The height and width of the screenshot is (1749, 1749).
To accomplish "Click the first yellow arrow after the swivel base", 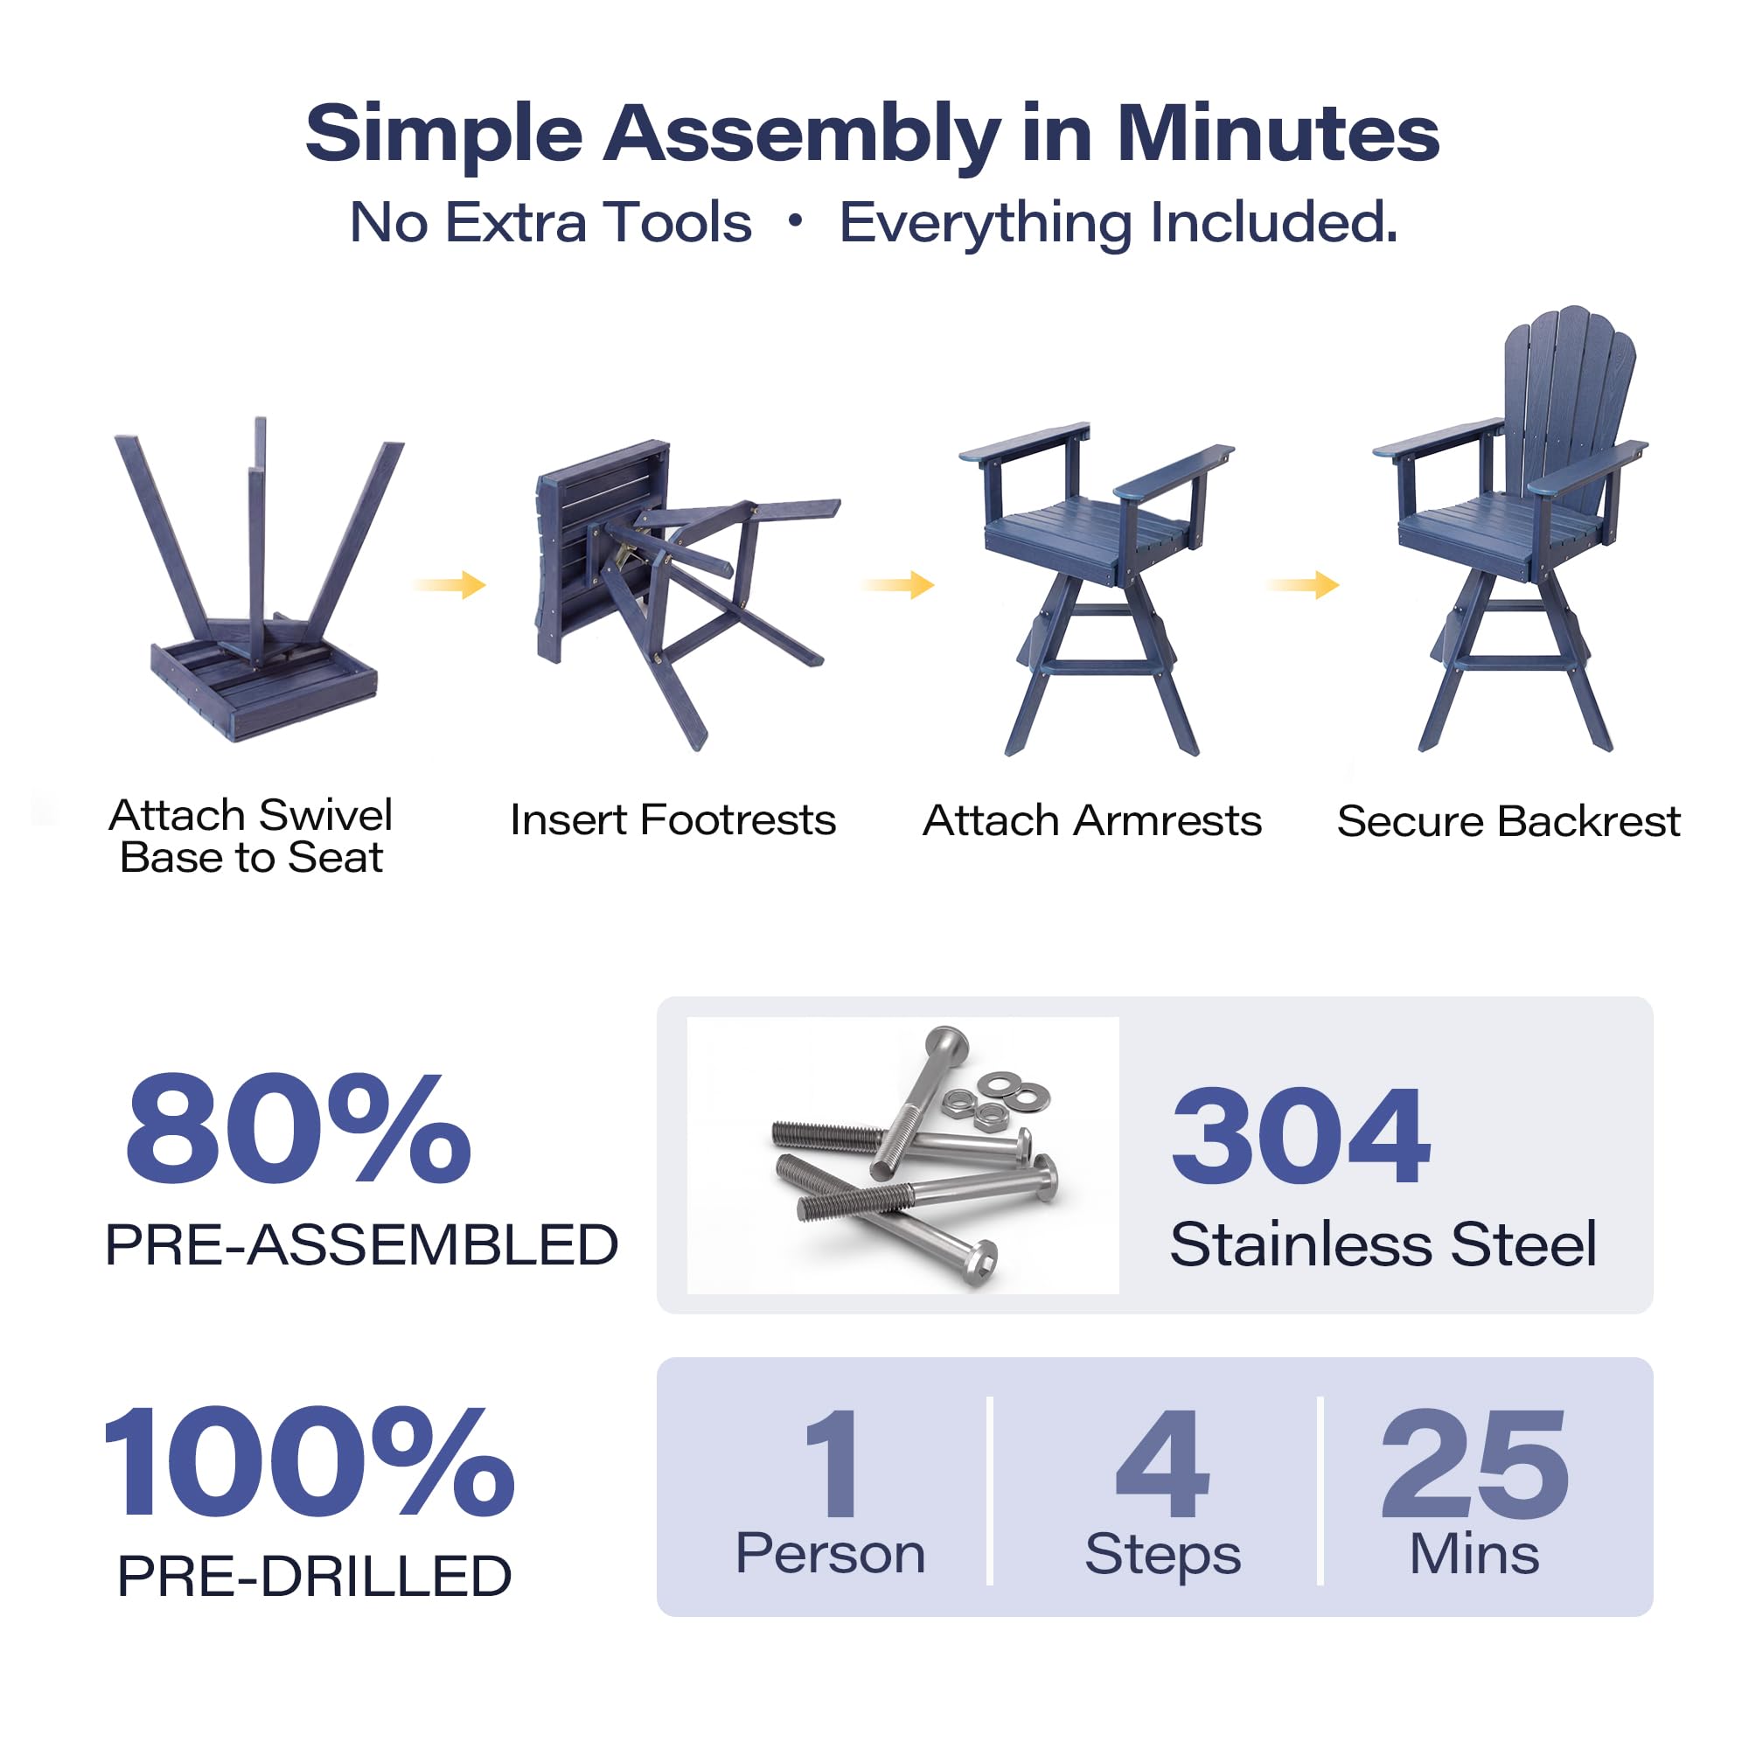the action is [x=449, y=585].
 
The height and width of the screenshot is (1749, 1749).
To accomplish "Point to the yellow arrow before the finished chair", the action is [x=1303, y=585].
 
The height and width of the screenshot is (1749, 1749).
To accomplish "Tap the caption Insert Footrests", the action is [x=672, y=820].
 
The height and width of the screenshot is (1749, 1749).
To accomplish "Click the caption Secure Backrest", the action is [x=1509, y=821].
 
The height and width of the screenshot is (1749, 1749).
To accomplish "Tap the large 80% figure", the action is [x=299, y=1129].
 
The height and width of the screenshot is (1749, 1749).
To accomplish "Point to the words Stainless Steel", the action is [x=1383, y=1244].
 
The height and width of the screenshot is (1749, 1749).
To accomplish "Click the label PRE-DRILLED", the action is [x=315, y=1576].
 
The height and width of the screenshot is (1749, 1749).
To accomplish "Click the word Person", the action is [x=830, y=1554].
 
